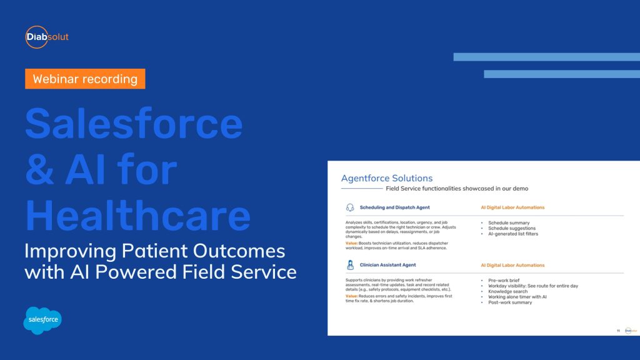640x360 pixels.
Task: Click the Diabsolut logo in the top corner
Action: point(47,37)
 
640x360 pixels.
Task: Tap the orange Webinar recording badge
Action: point(85,79)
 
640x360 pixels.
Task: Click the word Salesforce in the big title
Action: point(134,124)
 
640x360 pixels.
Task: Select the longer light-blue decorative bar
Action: point(546,57)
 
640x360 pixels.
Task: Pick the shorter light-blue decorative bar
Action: point(561,74)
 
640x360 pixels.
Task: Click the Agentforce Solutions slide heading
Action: point(387,178)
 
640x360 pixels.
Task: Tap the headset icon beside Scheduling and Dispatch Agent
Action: point(350,207)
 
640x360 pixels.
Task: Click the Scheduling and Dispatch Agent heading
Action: point(394,207)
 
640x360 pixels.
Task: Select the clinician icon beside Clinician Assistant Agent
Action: point(350,265)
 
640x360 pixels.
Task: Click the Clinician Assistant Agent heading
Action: point(389,265)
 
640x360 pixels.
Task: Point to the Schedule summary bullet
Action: point(509,222)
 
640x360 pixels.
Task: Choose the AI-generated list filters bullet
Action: point(512,234)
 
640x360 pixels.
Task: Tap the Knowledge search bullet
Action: point(507,291)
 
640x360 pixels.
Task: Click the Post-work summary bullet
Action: point(510,302)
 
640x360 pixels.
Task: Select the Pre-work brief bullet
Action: point(505,280)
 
